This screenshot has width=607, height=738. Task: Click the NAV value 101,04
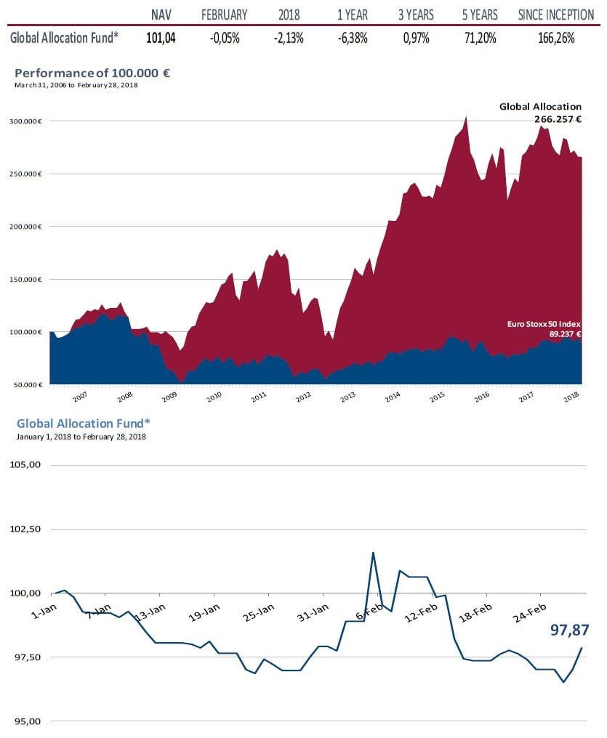[x=161, y=38]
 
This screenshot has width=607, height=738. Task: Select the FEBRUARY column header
[x=224, y=15]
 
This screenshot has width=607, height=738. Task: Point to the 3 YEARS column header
[x=416, y=15]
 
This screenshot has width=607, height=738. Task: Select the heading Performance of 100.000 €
[x=92, y=73]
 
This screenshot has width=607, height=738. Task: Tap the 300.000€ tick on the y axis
[x=28, y=121]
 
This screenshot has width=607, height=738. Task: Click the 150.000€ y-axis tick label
[x=28, y=280]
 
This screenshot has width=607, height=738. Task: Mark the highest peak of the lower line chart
[x=373, y=553]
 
